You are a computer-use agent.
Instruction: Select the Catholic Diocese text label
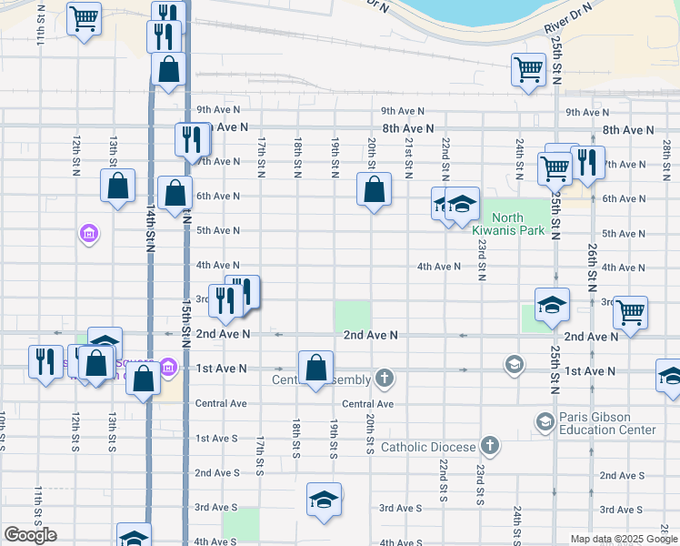point(427,447)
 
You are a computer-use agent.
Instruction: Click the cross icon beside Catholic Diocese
point(490,446)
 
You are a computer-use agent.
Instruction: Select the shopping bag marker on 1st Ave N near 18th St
point(315,369)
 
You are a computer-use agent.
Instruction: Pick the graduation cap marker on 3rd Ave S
point(324,500)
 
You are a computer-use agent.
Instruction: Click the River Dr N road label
point(568,18)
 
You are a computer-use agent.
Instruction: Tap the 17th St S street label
point(260,454)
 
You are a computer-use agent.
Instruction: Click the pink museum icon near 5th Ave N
point(89,235)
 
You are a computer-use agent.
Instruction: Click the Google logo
point(30,535)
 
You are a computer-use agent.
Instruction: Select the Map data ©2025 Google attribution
point(624,539)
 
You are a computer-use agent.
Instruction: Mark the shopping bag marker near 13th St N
point(118,186)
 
